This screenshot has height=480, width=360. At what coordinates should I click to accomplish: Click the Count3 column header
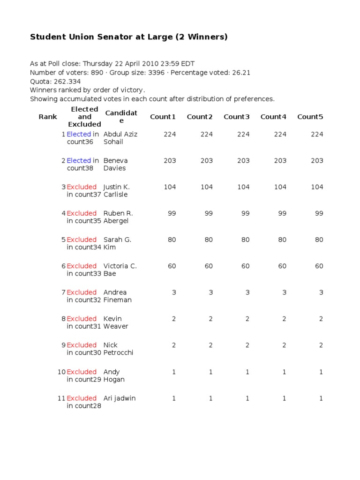(237, 117)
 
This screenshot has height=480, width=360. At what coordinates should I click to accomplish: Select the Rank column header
(48, 117)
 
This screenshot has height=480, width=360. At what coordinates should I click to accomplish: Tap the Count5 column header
(310, 117)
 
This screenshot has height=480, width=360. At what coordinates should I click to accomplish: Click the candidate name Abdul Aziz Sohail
(120, 138)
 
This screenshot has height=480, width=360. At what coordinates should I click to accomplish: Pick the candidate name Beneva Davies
(115, 164)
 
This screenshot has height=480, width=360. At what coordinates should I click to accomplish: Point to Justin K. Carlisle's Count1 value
(170, 187)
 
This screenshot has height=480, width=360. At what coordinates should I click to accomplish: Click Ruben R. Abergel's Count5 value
(319, 213)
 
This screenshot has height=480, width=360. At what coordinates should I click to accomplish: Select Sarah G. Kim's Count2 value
(209, 240)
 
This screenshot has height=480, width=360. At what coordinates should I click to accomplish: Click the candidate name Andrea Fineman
(117, 296)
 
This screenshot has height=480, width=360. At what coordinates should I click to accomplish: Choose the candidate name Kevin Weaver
(115, 322)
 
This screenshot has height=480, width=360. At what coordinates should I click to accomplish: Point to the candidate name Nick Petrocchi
(118, 348)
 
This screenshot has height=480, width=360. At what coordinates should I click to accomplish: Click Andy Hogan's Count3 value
(247, 372)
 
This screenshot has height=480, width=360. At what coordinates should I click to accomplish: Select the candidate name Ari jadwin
(119, 398)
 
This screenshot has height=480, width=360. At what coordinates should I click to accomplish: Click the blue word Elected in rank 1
(79, 134)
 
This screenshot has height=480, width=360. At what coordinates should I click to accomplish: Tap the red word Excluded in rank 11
(82, 398)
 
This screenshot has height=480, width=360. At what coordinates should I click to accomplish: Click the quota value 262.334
(66, 81)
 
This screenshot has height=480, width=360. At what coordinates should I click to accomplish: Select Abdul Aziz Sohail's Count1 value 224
(170, 134)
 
